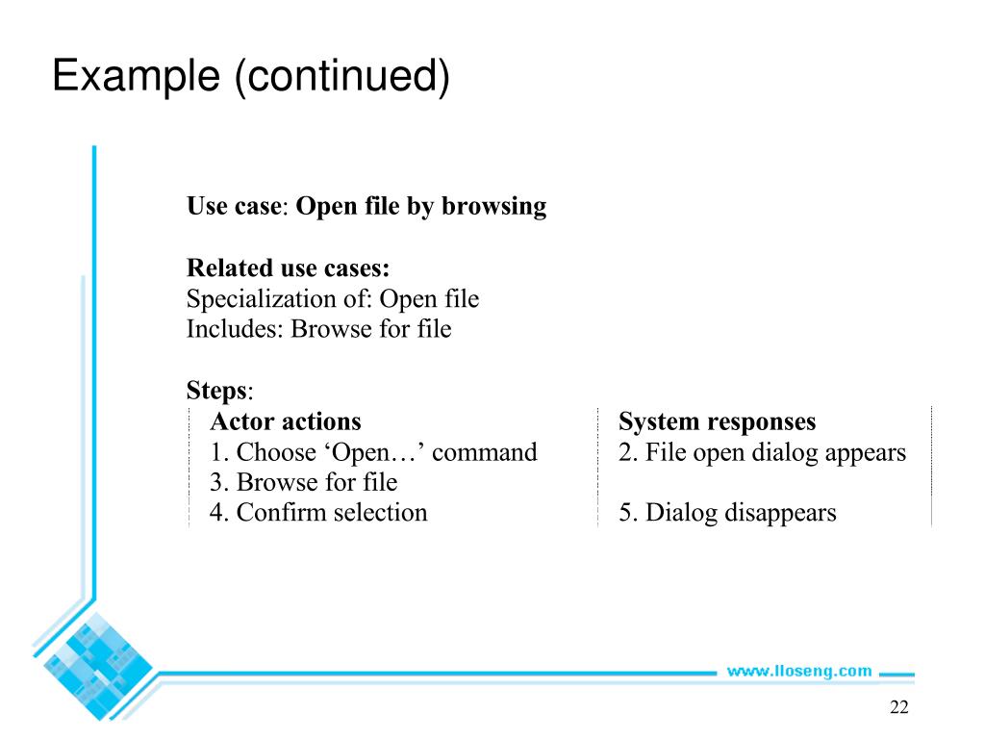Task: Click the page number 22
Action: (898, 708)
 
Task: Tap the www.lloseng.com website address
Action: (798, 671)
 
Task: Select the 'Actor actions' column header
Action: (286, 421)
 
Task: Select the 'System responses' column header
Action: (717, 421)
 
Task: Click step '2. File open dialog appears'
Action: (762, 452)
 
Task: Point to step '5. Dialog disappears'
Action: (727, 513)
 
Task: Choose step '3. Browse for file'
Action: (303, 482)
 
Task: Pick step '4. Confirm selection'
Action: (318, 513)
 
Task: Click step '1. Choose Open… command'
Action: (373, 452)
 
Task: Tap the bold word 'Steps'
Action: (216, 391)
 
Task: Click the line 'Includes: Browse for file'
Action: (318, 329)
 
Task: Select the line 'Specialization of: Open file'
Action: (332, 299)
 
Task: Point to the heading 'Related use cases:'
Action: (288, 268)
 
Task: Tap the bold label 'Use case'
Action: (232, 206)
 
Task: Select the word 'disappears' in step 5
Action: (780, 513)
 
